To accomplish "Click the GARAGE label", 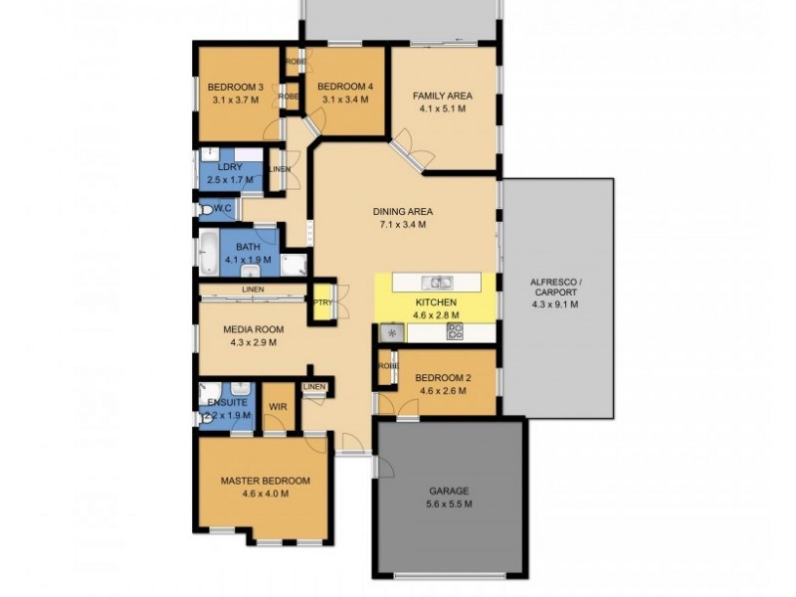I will [x=450, y=492].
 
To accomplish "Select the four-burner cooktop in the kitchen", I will [x=454, y=331].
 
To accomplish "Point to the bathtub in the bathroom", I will [x=208, y=253].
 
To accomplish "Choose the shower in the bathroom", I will [x=294, y=265].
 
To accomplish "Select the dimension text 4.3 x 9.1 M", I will [x=556, y=304].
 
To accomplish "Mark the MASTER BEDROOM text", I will [x=265, y=481].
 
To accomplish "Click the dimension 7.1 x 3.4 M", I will [x=402, y=225].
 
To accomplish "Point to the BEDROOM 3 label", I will [x=236, y=87].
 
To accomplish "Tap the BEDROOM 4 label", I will [x=345, y=87].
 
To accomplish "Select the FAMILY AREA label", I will [x=442, y=97].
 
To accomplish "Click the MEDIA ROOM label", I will [x=255, y=329].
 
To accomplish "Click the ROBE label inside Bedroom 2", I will [x=386, y=367].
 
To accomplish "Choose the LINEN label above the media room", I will [x=252, y=291].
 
